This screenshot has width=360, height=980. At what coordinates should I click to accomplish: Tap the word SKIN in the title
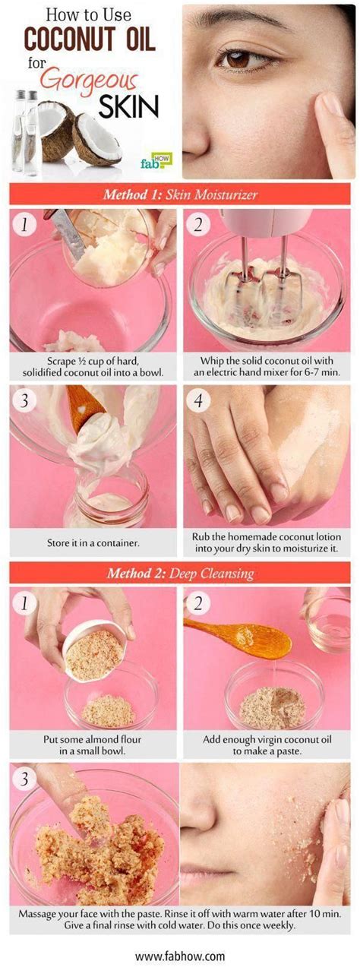click(x=128, y=106)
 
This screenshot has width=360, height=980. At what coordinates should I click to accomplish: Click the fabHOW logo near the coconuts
click(x=156, y=161)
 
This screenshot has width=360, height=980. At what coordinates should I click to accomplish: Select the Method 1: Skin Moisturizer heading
click(x=180, y=194)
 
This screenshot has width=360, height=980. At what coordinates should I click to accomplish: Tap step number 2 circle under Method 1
click(x=198, y=225)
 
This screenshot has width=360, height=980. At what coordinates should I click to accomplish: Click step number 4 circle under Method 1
click(x=198, y=400)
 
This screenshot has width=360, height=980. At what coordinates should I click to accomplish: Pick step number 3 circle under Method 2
click(x=24, y=779)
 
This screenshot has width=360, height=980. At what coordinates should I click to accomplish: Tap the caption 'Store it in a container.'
click(x=93, y=543)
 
